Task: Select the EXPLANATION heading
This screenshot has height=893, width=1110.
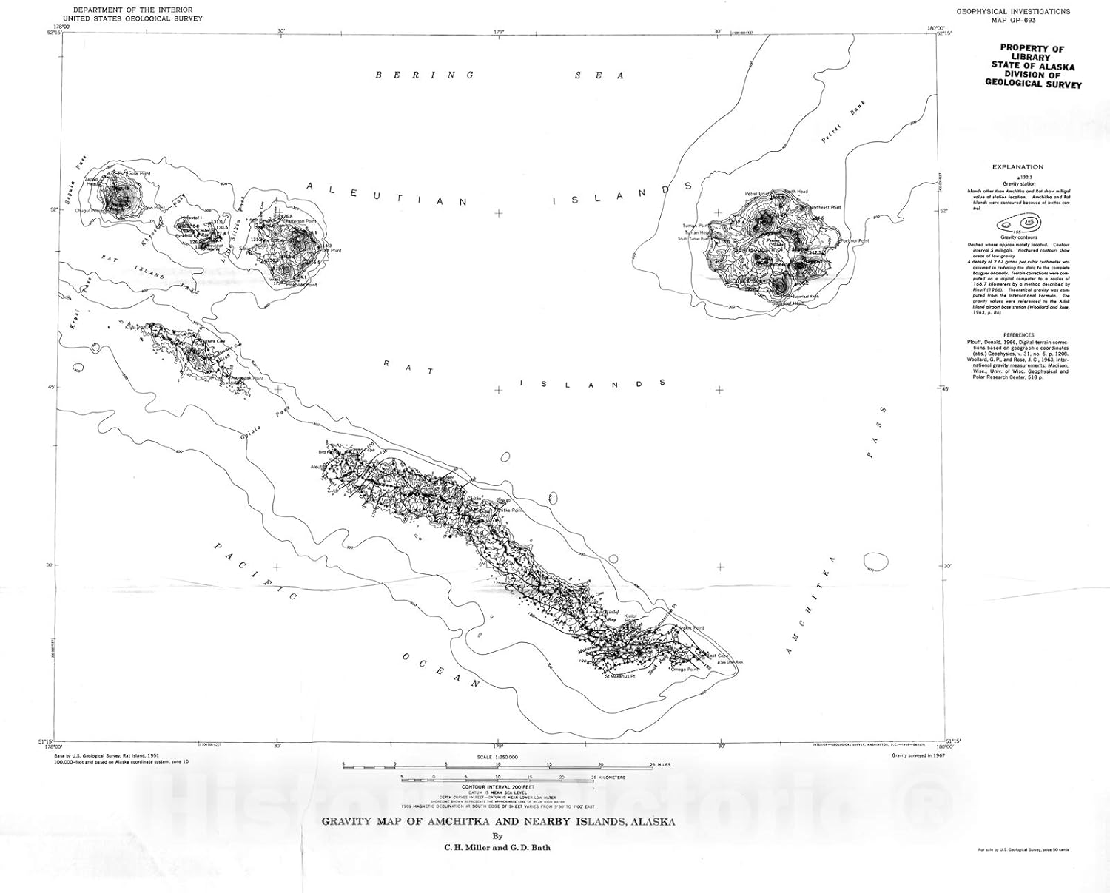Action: [x=1018, y=167]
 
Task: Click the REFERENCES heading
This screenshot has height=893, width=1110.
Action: [x=1018, y=334]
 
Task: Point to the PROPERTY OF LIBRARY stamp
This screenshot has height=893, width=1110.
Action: [x=1032, y=66]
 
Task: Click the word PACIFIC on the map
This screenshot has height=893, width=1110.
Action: [x=256, y=571]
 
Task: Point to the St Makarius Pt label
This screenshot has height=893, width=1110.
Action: [x=619, y=676]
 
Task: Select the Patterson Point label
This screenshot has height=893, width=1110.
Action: [x=300, y=221]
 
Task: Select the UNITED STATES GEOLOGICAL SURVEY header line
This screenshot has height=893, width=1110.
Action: [x=132, y=18]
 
